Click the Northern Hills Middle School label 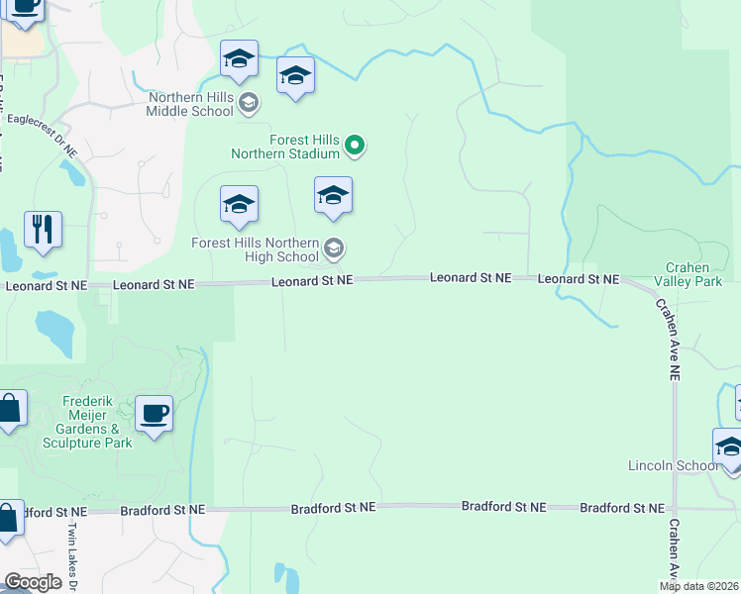[x=190, y=104]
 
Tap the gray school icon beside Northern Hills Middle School [x=249, y=102]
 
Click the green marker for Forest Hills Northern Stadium [x=356, y=148]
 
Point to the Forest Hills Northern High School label [x=256, y=249]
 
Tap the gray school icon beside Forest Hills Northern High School [x=334, y=247]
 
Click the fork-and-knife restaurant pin [x=43, y=229]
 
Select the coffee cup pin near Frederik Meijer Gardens [x=154, y=414]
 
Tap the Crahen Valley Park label [x=693, y=274]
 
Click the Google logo [x=33, y=582]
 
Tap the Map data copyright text [x=699, y=586]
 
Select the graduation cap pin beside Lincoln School [x=729, y=447]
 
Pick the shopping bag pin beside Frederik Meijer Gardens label [x=9, y=408]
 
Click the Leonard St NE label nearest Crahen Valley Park [x=579, y=280]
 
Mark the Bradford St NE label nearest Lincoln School [x=621, y=508]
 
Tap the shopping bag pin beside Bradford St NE [x=7, y=519]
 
